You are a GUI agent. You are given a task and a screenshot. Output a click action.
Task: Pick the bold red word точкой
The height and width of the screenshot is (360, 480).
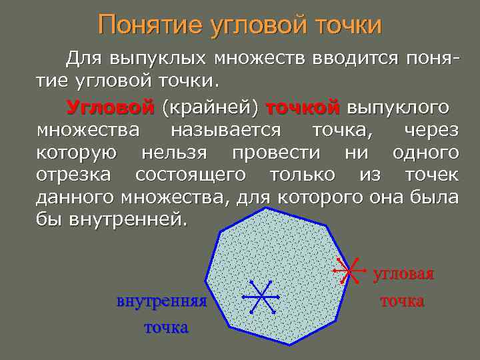click(x=303, y=107)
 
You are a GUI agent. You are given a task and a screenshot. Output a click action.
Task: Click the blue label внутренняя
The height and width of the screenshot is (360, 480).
click(x=162, y=301)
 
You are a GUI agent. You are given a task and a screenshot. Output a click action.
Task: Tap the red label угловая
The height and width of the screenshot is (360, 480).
click(x=403, y=274)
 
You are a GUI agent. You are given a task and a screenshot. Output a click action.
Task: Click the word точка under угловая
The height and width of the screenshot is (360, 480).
click(x=402, y=301)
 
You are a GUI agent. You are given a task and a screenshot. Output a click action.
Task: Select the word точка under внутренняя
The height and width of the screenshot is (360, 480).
click(x=166, y=327)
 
